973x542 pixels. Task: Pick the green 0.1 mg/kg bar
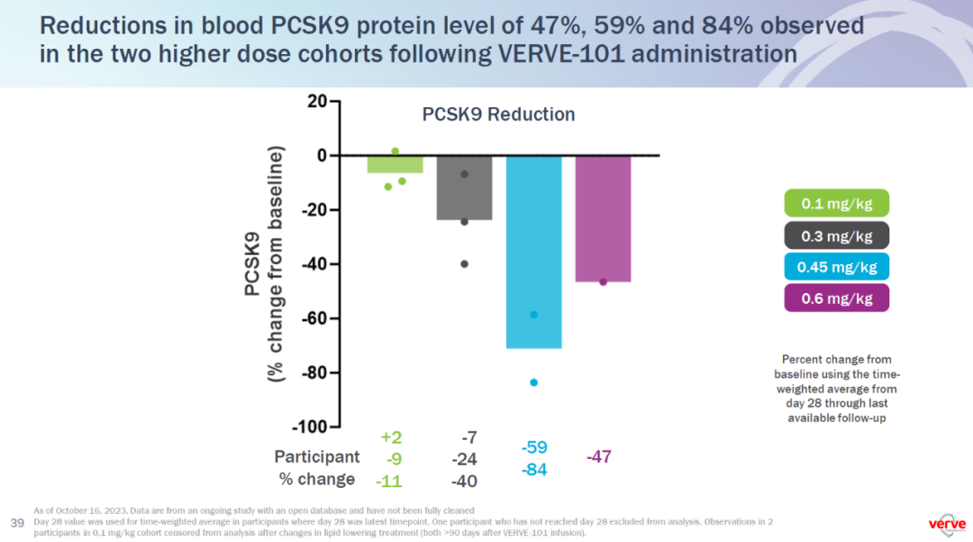[396, 164]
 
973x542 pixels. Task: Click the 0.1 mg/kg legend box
[837, 204]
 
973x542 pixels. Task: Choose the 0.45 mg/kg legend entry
[837, 267]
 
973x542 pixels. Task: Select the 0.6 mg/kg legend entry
[837, 298]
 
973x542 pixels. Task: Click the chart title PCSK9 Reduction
[498, 115]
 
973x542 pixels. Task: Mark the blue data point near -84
[534, 382]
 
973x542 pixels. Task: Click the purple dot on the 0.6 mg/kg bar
[603, 281]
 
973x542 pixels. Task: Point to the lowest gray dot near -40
[465, 264]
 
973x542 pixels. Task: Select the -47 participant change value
[599, 457]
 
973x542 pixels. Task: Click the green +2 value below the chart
[391, 437]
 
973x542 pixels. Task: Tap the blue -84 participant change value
[534, 470]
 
